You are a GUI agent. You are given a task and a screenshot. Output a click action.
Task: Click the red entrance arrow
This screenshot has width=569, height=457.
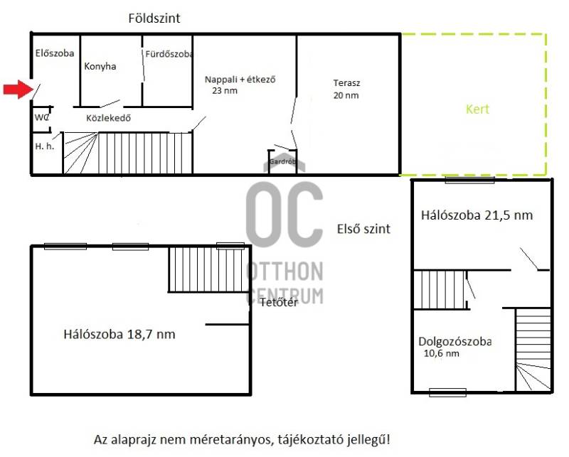[17, 90]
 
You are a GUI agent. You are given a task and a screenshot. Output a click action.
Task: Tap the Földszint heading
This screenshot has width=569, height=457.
[154, 18]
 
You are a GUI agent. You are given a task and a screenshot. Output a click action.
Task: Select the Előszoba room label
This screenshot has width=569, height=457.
[55, 53]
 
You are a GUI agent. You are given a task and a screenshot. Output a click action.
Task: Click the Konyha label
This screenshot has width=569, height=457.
[100, 66]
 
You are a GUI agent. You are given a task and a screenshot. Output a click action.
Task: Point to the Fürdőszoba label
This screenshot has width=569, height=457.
[169, 54]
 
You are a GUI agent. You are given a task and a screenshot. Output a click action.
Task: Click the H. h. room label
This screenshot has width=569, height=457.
[44, 146]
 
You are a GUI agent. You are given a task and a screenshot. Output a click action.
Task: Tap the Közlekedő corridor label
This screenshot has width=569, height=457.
[109, 118]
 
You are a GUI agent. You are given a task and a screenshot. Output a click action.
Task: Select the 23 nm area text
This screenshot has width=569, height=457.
[225, 91]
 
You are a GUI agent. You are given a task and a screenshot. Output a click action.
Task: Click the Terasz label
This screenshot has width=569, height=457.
[347, 83]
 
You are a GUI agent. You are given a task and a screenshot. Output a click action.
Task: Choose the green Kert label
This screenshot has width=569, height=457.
[477, 109]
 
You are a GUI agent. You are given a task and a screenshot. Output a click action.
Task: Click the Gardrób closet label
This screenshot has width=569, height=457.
[282, 162]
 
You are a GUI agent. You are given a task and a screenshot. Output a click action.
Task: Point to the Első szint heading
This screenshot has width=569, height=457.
[363, 229]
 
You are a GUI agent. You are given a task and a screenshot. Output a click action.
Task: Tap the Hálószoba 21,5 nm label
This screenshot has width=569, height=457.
[477, 215]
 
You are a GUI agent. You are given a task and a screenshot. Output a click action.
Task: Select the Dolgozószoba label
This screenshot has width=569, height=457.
[455, 341]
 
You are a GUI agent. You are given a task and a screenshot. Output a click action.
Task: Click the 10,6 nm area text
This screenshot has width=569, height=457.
[441, 353]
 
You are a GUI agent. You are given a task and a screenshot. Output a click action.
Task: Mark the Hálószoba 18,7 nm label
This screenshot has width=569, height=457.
[119, 334]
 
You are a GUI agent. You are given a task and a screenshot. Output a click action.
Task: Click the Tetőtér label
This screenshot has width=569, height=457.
[279, 302]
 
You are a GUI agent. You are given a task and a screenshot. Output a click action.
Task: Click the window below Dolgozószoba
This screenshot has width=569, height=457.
[447, 392]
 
